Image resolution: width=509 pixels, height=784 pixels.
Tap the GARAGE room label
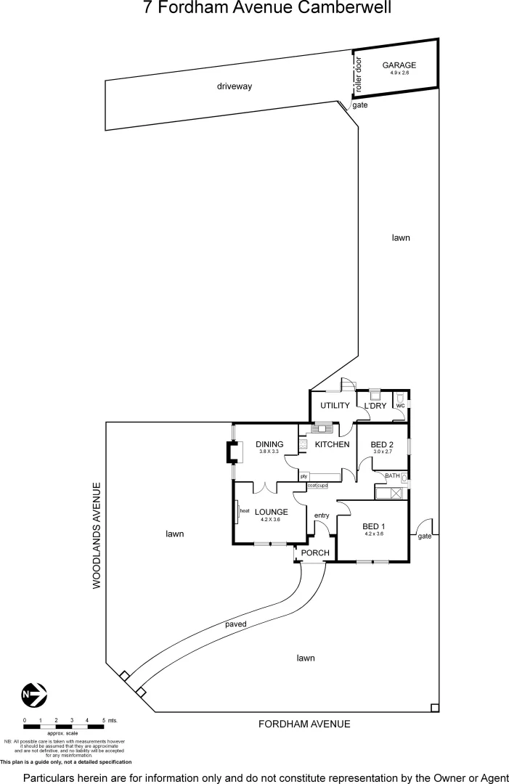click(x=399, y=65)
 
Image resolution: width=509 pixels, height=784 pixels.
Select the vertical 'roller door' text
click(x=358, y=74)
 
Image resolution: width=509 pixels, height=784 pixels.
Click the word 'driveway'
click(x=234, y=86)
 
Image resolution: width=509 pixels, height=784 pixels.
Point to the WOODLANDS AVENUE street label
click(x=96, y=535)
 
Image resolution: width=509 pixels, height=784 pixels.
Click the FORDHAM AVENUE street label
click(x=305, y=724)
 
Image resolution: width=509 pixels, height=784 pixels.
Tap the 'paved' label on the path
click(x=236, y=624)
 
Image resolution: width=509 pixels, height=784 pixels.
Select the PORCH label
click(x=315, y=553)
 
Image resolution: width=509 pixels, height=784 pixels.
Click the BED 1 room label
click(x=373, y=526)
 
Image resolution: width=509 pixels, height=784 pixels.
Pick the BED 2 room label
click(x=382, y=444)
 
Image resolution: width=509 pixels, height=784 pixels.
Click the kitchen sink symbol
click(x=321, y=428)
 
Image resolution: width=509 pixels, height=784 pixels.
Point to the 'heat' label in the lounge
click(x=245, y=510)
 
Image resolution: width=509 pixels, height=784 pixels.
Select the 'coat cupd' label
click(x=318, y=485)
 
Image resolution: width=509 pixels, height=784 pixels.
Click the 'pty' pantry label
click(x=304, y=476)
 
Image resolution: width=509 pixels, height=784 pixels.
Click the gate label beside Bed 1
click(x=425, y=536)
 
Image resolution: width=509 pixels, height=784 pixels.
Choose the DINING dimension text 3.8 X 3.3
click(x=269, y=452)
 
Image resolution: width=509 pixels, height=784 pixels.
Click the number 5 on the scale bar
click(x=103, y=720)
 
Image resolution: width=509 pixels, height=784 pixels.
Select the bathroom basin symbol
click(x=403, y=478)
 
